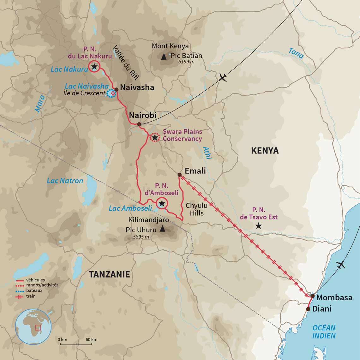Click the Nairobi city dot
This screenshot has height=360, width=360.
coord(139,124)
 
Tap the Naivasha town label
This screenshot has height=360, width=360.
coord(137,87)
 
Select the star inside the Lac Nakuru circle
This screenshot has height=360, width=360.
coord(94,66)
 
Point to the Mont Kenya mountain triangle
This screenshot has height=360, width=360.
coord(164,57)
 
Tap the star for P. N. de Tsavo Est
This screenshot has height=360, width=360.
coord(259,226)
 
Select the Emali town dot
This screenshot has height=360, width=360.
coord(179,175)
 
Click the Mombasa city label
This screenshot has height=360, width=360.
coord(334,297)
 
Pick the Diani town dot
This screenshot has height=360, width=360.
coord(308,309)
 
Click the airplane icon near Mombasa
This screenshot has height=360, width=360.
coord(341,265)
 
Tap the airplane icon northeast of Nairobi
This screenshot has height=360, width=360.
coord(223,77)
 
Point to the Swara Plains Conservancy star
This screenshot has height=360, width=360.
coord(155,138)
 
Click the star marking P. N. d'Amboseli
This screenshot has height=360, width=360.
coord(162,203)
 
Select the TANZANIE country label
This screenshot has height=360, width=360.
coord(109,274)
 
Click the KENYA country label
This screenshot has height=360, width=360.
coord(265,151)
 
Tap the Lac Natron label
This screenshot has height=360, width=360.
coord(65,181)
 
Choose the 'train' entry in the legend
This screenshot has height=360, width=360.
coord(31,296)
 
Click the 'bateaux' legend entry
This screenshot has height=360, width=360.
coord(34,291)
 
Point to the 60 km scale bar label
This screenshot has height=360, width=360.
coord(91,339)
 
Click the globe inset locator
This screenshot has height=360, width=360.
coord(33,327)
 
